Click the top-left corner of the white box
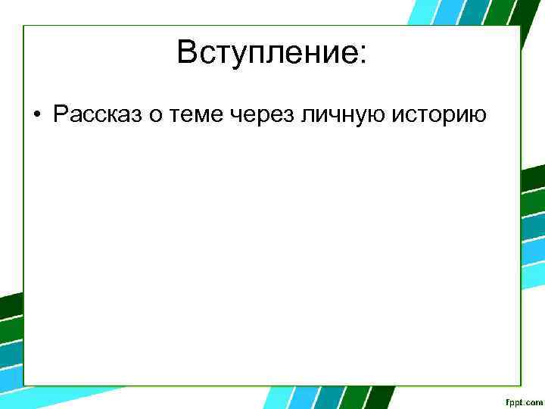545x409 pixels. (x=24, y=27)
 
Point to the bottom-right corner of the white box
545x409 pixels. (x=520, y=385)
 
